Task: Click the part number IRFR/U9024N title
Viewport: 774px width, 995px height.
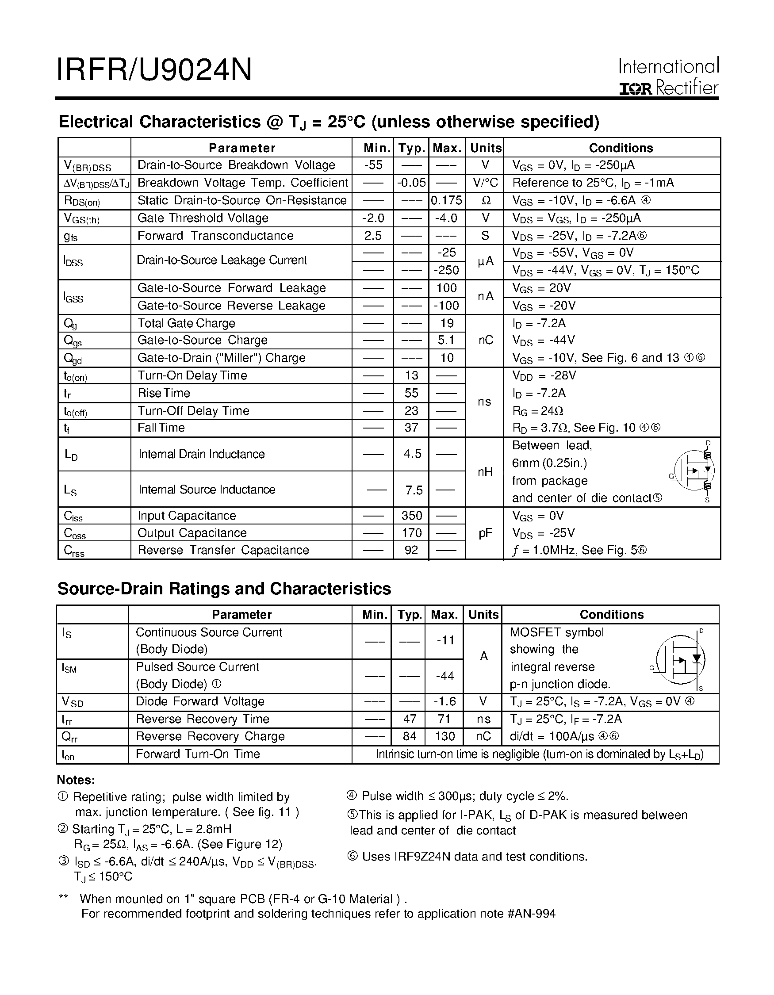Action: click(x=154, y=70)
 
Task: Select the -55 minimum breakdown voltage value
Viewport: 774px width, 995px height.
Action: click(x=373, y=165)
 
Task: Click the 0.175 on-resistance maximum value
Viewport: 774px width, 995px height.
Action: click(x=446, y=200)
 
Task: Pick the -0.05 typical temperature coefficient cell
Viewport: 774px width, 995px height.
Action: click(x=411, y=183)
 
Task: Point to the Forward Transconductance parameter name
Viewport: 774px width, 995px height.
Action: click(x=215, y=236)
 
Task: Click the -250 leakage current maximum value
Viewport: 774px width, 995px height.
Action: click(x=446, y=270)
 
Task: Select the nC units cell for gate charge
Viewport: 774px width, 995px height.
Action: click(x=486, y=341)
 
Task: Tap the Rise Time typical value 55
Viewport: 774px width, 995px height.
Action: click(x=411, y=393)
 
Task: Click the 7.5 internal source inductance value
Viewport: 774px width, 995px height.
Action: click(x=414, y=490)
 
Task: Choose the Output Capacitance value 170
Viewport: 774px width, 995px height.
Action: click(x=411, y=532)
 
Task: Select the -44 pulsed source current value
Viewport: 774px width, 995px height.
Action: click(x=444, y=676)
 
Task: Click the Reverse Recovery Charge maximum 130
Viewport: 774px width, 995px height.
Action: click(x=444, y=736)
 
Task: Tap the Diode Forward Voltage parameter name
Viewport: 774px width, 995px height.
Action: click(x=200, y=701)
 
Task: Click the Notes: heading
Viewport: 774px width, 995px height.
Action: click(x=76, y=780)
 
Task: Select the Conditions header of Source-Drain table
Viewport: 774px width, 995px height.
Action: click(x=611, y=615)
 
